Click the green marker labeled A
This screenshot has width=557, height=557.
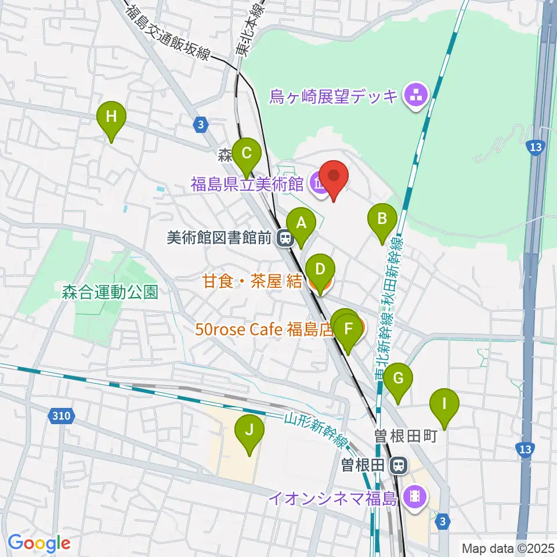tap(301, 222)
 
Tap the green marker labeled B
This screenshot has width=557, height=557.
tap(382, 219)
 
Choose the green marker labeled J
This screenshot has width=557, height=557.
tap(249, 431)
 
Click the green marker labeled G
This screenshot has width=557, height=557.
tap(398, 379)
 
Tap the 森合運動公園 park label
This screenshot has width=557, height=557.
tap(110, 292)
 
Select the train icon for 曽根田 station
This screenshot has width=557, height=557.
tap(398, 464)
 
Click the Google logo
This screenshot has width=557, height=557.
tap(39, 544)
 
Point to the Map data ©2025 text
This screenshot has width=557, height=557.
tap(507, 548)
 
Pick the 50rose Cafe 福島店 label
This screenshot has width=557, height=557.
tap(264, 330)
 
